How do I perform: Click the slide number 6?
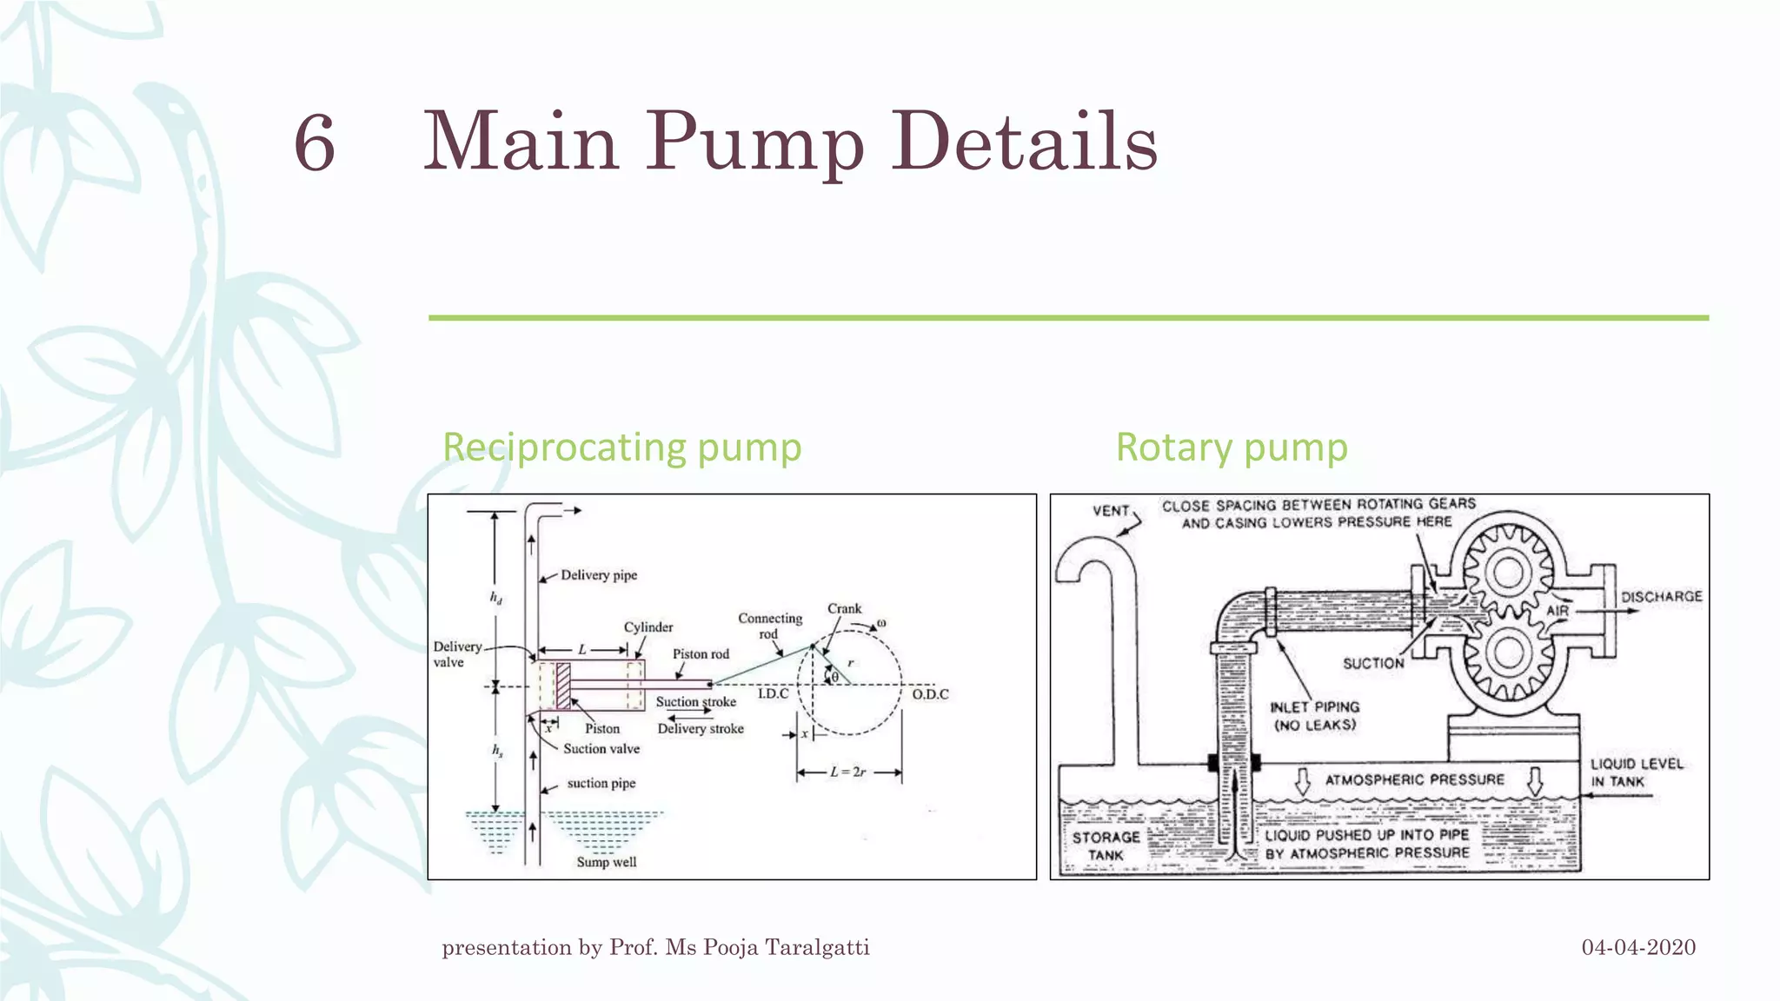pos(315,143)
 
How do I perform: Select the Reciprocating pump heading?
pos(621,447)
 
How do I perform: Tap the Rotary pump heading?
pos(1232,447)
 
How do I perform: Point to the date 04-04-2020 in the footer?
pos(1638,947)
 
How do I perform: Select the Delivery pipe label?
pos(599,575)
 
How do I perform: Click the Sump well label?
pos(607,862)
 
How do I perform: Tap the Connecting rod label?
pos(770,626)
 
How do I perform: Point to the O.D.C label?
pos(930,694)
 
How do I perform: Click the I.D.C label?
pos(773,693)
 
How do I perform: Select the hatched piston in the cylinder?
pos(563,686)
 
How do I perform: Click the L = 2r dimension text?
pos(847,772)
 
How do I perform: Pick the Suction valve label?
pos(601,749)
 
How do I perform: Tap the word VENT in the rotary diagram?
pos(1111,511)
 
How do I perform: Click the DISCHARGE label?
pos(1661,597)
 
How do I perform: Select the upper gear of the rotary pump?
pos(1509,573)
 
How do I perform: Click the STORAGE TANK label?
pos(1106,846)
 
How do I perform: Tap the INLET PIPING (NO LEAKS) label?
pos(1314,716)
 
